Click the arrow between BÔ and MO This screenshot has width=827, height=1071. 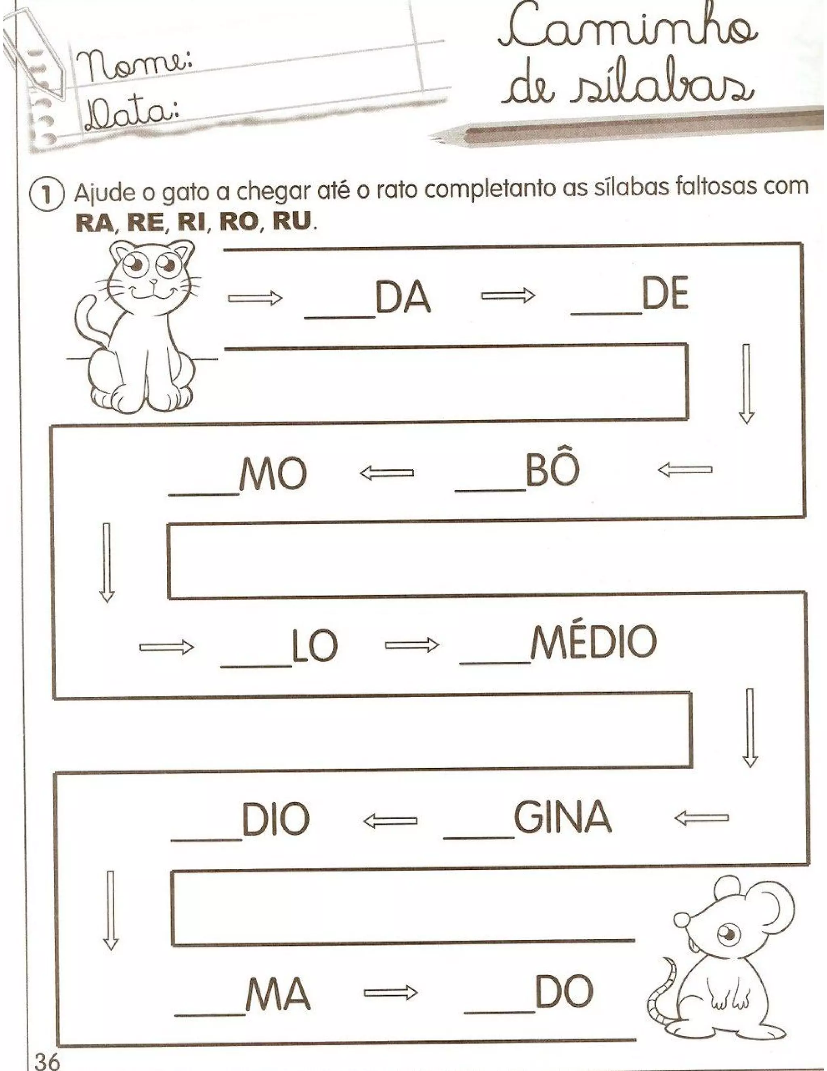coord(386,473)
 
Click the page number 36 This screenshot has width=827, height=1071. coord(46,1061)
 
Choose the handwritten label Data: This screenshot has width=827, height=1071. coord(131,117)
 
